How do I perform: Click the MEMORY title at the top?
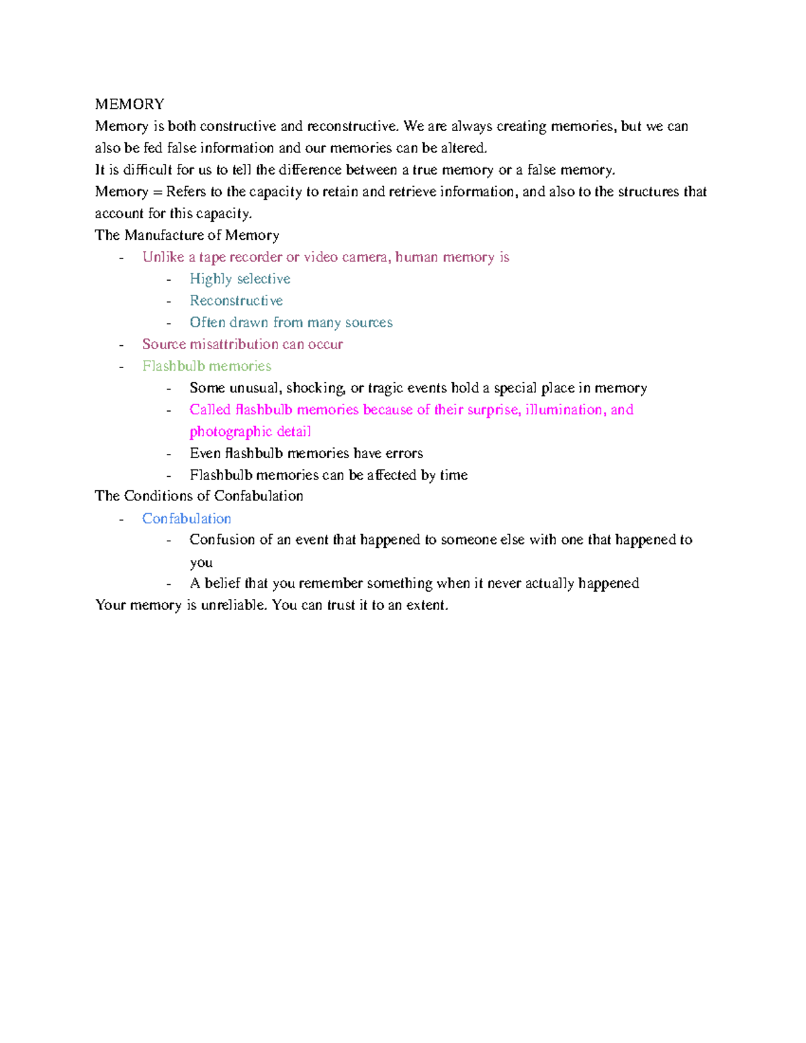click(130, 104)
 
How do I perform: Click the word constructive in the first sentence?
click(238, 126)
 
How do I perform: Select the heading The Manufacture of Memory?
click(187, 235)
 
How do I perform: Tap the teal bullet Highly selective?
click(240, 279)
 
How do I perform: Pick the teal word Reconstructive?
click(236, 300)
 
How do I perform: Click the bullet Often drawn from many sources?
click(291, 322)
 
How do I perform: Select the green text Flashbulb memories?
click(207, 366)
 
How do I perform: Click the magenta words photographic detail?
click(250, 431)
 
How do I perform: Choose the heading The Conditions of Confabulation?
click(199, 496)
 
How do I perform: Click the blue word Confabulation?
click(187, 518)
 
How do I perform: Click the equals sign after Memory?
click(157, 192)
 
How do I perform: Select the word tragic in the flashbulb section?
click(387, 388)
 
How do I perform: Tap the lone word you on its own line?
click(201, 563)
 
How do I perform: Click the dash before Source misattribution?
click(121, 345)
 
